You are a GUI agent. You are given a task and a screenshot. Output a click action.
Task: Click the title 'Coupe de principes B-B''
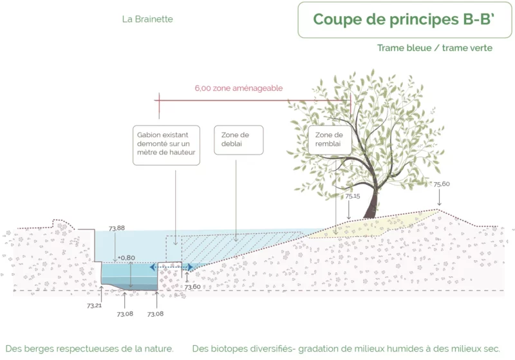coord(404,19)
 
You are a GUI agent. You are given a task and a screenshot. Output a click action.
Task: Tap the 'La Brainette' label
coord(147,19)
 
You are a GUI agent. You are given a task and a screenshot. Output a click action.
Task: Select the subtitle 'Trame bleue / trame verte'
coord(435,48)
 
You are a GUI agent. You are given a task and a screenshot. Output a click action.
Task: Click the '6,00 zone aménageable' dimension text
coord(239,88)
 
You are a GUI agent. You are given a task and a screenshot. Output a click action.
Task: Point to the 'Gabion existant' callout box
coord(166,145)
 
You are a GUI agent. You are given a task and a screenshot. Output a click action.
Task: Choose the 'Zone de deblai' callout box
coord(238,140)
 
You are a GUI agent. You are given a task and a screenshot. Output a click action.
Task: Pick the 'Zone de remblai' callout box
coord(330,140)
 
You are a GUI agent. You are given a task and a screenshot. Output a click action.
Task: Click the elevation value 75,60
coord(442,184)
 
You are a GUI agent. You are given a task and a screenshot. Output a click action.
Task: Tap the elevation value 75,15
coord(352,196)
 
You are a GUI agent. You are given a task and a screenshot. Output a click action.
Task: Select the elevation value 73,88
coord(117,228)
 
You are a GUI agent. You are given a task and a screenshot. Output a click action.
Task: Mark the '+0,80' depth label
coord(126,258)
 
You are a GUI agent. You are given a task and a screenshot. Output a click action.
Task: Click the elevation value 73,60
coord(192,287)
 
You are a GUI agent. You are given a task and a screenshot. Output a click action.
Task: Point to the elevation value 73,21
coord(94,305)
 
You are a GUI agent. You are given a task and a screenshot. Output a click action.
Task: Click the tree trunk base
coord(370,214)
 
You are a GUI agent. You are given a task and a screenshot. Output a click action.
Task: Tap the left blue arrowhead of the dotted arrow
coord(153,267)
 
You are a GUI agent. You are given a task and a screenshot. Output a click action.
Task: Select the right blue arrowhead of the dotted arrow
coord(190,267)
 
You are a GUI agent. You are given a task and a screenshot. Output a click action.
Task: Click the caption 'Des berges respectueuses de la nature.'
coord(89,348)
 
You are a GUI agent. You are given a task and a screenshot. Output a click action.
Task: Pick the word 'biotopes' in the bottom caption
coord(236,348)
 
